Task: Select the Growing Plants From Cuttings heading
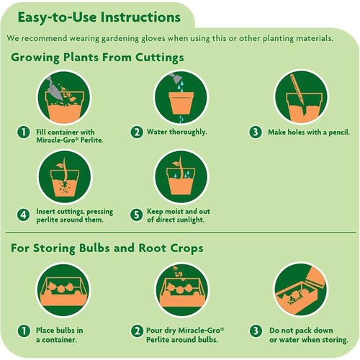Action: (x=97, y=57)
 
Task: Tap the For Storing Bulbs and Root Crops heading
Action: (x=107, y=248)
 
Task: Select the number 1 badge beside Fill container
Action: (x=24, y=132)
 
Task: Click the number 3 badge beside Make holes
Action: (x=255, y=132)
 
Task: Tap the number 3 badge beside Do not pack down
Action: (x=255, y=330)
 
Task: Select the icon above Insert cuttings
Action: (x=63, y=176)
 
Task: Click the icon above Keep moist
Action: (x=181, y=176)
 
